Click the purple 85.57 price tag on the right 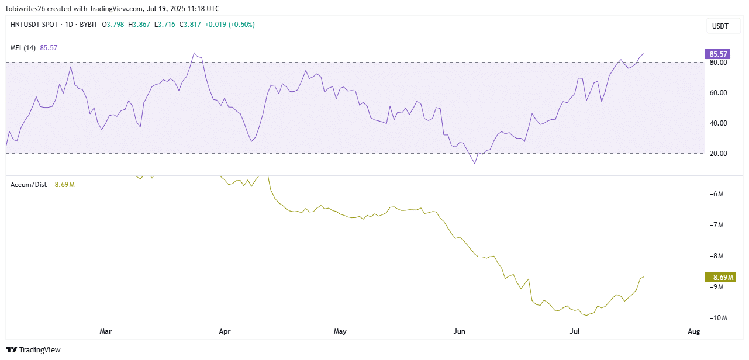click(717, 54)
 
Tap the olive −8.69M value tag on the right click(717, 277)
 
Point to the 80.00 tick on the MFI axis click(718, 63)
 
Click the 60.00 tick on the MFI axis click(718, 93)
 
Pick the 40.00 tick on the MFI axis click(718, 123)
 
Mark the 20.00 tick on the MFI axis click(718, 154)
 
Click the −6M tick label click(717, 195)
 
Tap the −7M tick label click(717, 226)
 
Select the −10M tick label click(717, 318)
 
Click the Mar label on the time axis click(106, 331)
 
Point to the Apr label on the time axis click(225, 331)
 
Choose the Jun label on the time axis click(460, 331)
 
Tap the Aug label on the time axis click(693, 331)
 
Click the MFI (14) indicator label click(23, 48)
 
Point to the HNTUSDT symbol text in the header click(27, 25)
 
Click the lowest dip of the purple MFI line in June click(475, 164)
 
